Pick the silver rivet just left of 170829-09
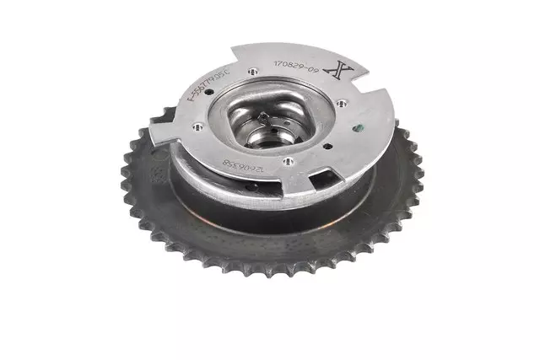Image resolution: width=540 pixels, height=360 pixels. coord(253,63)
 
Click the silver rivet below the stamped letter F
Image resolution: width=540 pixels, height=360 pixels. coord(197,129)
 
